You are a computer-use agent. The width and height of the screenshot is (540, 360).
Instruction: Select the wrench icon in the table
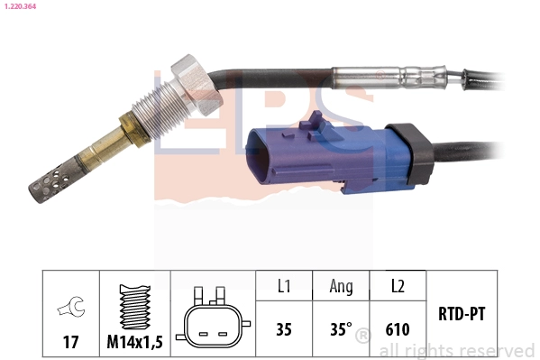69,309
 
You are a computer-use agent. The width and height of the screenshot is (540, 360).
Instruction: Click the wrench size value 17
69,342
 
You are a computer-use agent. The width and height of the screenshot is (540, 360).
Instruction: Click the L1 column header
283,288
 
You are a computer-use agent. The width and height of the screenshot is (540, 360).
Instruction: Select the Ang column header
340,288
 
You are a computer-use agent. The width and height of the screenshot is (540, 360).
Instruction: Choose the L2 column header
398,288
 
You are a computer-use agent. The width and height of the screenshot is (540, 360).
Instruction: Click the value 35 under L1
283,329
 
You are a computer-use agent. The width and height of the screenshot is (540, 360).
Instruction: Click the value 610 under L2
398,329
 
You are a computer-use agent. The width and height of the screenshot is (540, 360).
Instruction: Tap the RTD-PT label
462,314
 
